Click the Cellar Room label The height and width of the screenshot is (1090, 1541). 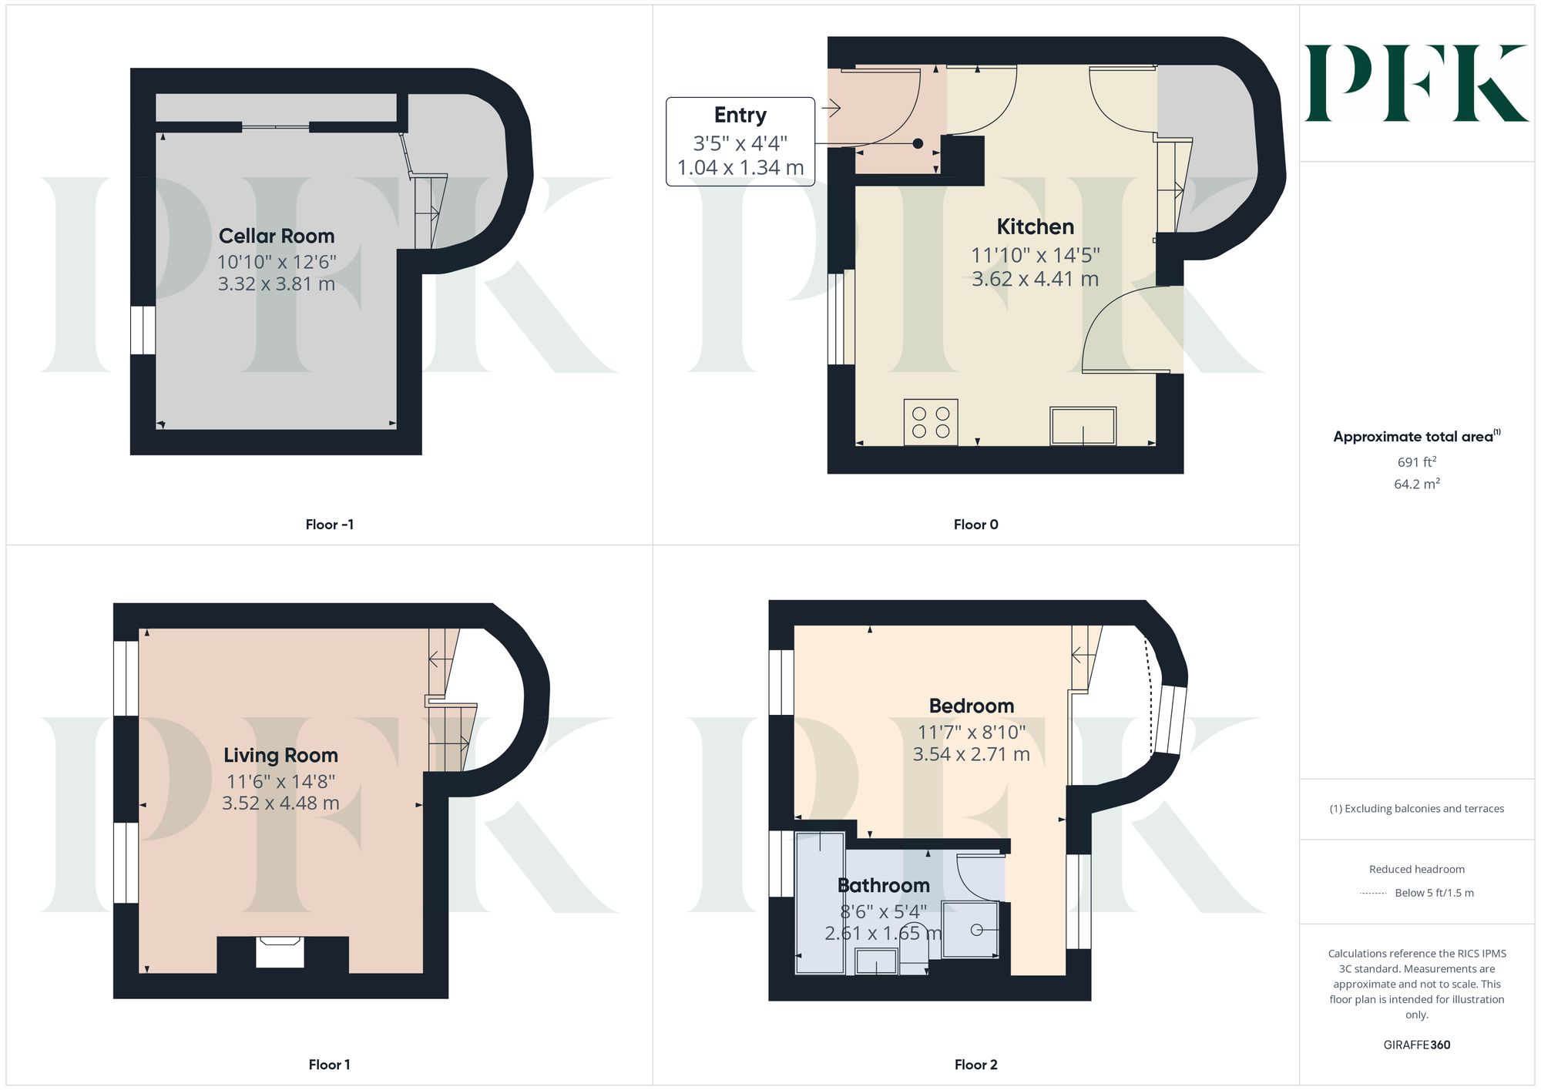click(277, 236)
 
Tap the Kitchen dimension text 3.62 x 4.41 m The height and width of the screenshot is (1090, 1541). click(1035, 279)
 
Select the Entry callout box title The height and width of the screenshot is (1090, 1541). click(740, 116)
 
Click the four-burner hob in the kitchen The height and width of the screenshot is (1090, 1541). click(931, 422)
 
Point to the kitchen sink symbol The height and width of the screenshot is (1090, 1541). click(1083, 426)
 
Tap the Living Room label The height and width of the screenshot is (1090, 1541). click(280, 755)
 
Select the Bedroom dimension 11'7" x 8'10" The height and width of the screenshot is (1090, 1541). click(971, 732)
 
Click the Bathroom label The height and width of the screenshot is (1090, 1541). click(883, 885)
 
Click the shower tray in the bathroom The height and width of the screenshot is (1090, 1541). click(971, 930)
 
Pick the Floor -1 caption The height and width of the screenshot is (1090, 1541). click(329, 525)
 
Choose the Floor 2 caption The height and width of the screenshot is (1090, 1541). click(975, 1065)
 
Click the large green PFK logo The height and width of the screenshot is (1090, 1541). click(1416, 83)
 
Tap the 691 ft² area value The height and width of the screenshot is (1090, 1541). click(1416, 462)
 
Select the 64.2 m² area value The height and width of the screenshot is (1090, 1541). click(1416, 484)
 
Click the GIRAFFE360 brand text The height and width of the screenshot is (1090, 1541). click(1416, 1045)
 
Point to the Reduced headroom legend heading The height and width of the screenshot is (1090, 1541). click(1416, 869)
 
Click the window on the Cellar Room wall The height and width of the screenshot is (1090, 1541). click(143, 330)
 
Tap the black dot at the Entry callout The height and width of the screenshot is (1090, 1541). click(918, 143)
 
